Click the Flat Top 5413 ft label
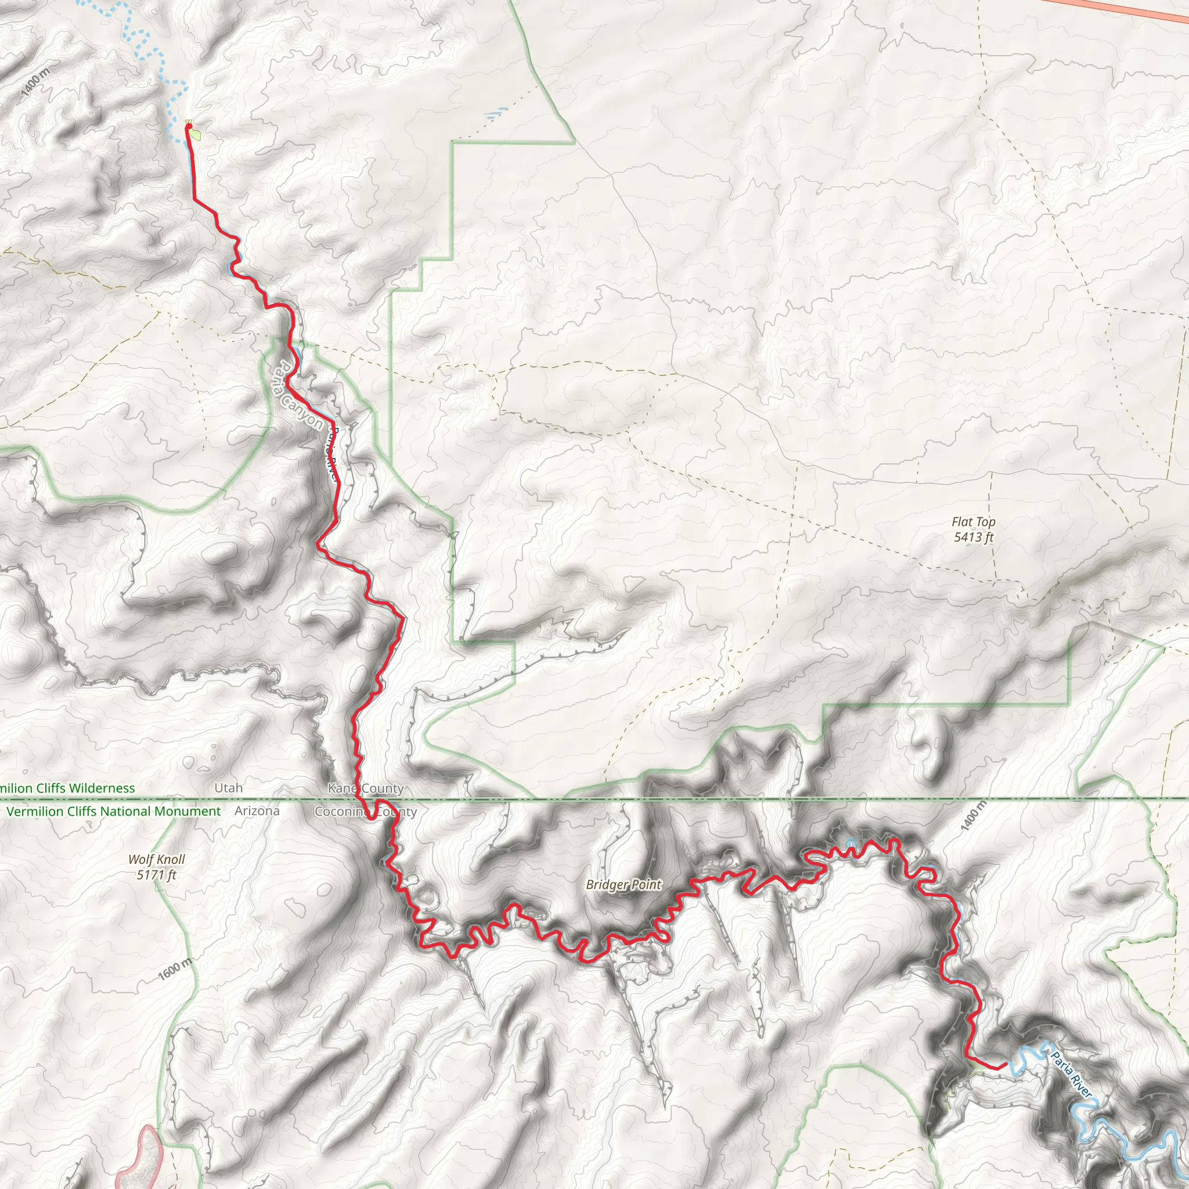click(973, 529)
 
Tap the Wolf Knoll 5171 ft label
click(156, 867)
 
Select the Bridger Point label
click(623, 884)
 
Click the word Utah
click(228, 788)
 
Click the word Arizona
click(257, 811)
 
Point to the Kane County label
click(366, 788)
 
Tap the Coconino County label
click(366, 812)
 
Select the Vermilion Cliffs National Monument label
click(113, 811)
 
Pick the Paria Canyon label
click(298, 396)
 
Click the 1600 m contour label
click(175, 970)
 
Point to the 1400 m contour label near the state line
click(974, 816)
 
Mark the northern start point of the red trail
click(189, 126)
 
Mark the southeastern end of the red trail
click(1006, 1064)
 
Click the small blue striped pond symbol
click(496, 113)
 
